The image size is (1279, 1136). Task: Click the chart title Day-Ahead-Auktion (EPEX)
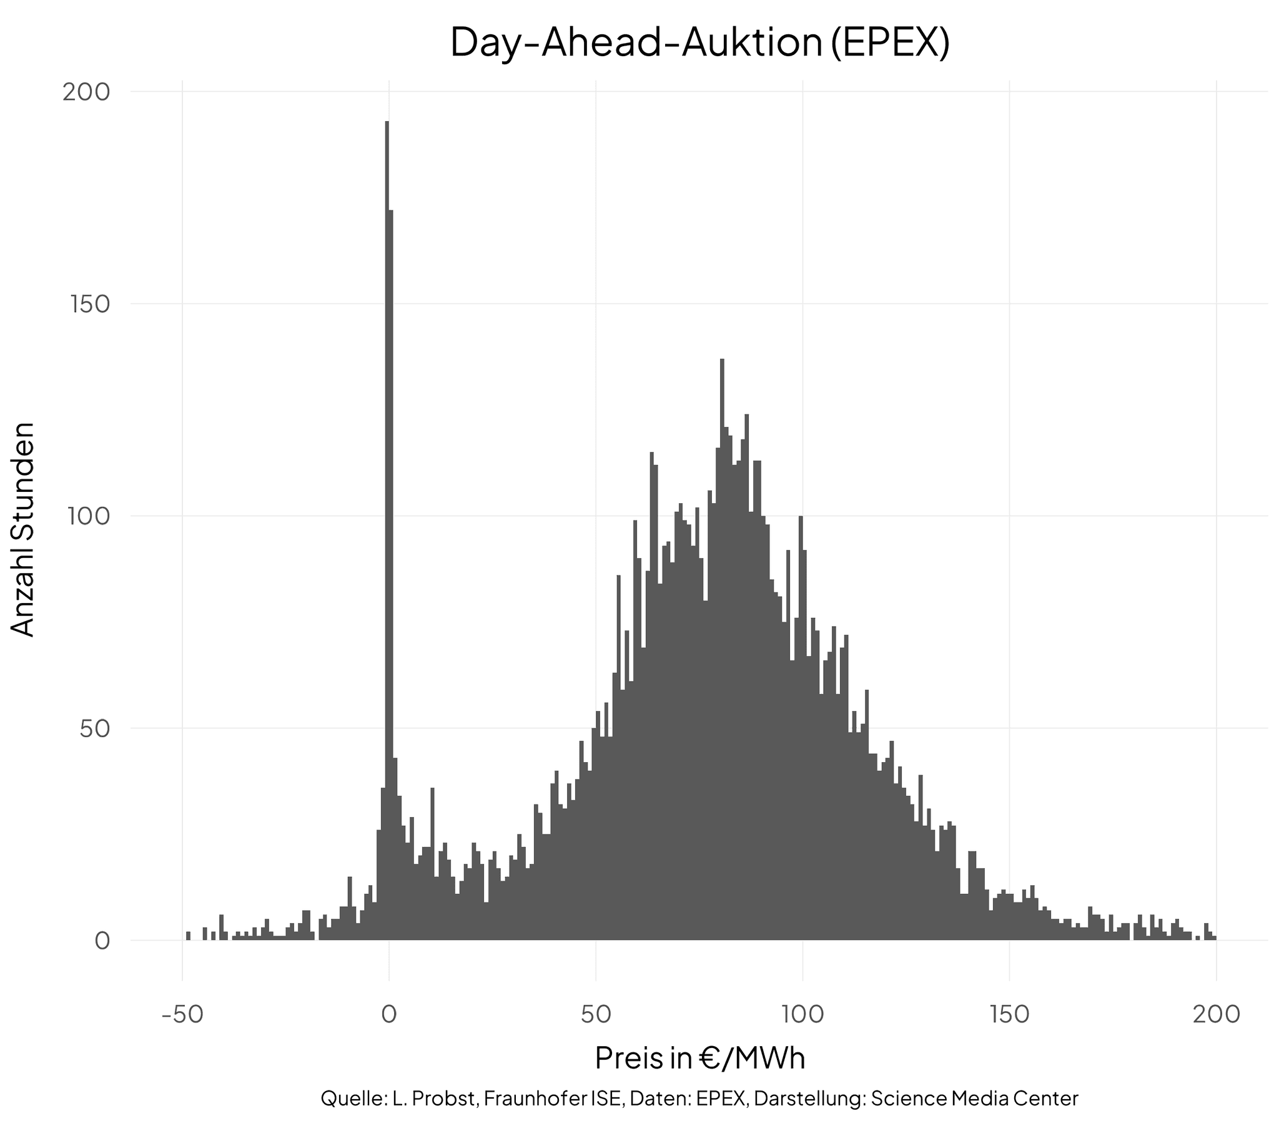[699, 42]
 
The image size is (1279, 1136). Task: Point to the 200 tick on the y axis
[86, 92]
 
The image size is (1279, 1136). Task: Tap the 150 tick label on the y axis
[86, 305]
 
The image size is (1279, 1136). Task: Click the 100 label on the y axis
[86, 517]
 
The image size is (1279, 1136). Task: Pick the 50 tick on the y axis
[94, 729]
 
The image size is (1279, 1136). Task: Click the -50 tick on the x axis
[182, 1014]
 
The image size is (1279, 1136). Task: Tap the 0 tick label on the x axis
[388, 1014]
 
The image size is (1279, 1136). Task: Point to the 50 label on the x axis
[596, 1014]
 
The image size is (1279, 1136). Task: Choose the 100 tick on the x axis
[802, 1014]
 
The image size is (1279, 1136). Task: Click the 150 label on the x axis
[1009, 1014]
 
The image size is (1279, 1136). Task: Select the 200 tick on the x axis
[1216, 1014]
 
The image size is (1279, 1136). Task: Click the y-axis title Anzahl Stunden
[24, 529]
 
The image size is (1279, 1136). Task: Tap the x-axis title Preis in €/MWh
[699, 1059]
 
